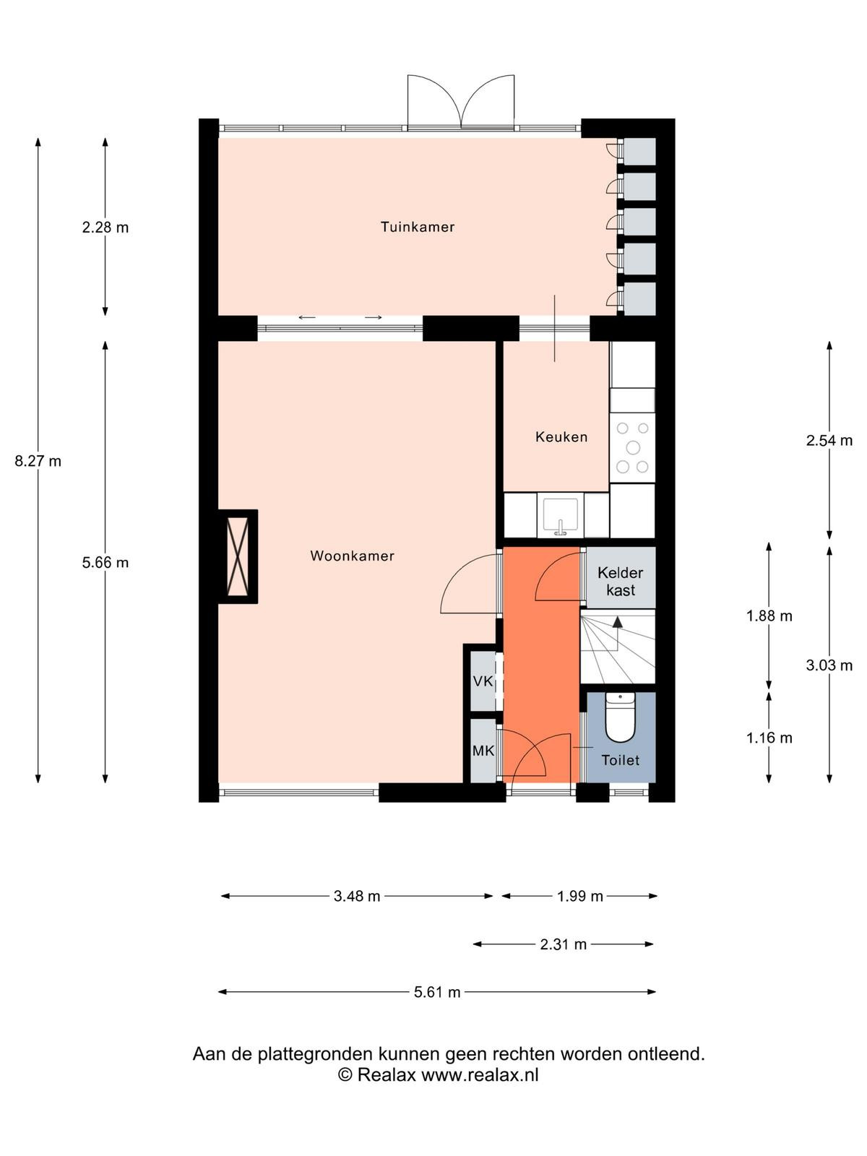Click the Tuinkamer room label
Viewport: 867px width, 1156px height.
coord(418,227)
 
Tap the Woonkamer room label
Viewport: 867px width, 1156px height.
coord(352,556)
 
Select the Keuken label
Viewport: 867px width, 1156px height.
coord(561,436)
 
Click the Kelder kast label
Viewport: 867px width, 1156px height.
coord(621,582)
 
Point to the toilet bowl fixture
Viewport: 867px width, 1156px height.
coord(620,717)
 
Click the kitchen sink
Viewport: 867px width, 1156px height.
coord(561,515)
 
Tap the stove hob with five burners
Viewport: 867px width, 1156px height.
coord(632,447)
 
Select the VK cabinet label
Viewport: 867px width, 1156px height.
coord(483,681)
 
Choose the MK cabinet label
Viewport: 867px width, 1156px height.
coord(483,751)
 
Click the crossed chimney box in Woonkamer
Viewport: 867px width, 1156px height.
coord(238,556)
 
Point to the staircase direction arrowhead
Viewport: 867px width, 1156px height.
coord(618,622)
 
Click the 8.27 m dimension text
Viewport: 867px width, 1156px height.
coord(38,462)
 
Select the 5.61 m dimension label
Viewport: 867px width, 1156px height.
coord(437,992)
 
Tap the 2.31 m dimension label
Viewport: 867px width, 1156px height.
coord(564,944)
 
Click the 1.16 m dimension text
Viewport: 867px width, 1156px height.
coord(769,738)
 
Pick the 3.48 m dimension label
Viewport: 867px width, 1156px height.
coord(357,896)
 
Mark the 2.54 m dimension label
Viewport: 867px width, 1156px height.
coord(829,440)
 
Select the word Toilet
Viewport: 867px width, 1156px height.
coord(620,760)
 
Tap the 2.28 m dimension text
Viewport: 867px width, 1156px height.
coord(105,228)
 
